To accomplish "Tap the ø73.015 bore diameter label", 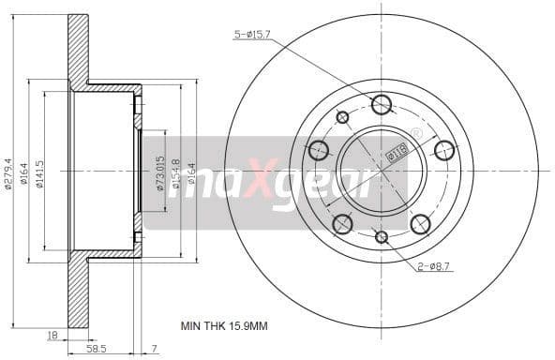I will click(161, 172).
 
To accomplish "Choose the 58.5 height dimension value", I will click(96, 348).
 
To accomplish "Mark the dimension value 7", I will click(156, 348).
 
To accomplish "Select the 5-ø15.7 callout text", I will click(253, 35).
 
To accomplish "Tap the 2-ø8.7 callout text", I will click(433, 267).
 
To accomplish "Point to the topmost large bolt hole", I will click(382, 104).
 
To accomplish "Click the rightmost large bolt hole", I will click(444, 150).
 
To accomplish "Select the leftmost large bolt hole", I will click(319, 150).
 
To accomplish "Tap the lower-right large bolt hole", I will click(420, 224).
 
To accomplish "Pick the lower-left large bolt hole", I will click(343, 224).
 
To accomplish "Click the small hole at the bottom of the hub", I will click(382, 236).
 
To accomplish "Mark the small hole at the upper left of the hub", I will click(342, 117).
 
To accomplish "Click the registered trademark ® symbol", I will click(416, 133).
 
